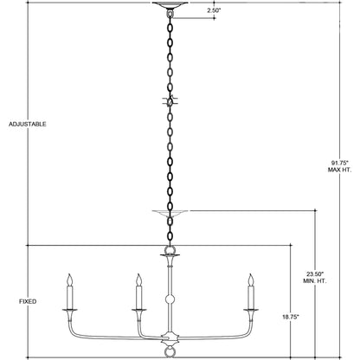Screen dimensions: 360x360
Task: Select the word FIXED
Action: (x=28, y=302)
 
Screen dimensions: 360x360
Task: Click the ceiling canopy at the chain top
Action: (x=168, y=5)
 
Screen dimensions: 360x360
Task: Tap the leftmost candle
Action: (x=68, y=294)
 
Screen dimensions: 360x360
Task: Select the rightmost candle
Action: (x=252, y=294)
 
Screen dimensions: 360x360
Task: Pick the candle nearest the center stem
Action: (x=137, y=294)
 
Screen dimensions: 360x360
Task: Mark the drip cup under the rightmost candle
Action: (x=252, y=309)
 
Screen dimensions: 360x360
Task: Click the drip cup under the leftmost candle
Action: (x=68, y=309)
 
